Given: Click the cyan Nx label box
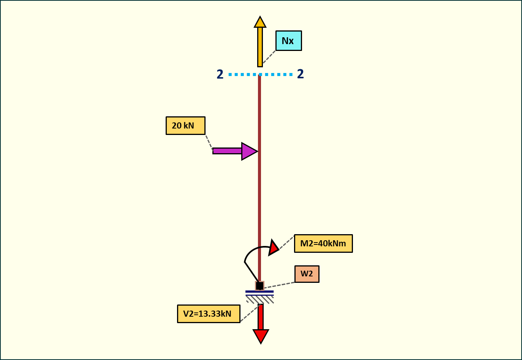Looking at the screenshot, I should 288,41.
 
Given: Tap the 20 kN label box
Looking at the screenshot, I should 185,125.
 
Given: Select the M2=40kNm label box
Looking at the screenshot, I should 323,243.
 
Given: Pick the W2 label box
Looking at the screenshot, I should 307,274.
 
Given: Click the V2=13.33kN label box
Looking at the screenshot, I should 209,314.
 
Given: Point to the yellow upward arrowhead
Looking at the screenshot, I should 260,22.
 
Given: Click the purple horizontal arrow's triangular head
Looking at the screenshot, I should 248,151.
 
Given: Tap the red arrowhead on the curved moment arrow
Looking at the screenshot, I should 273,247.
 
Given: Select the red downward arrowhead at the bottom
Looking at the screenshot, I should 261,335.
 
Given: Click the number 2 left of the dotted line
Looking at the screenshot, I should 220,74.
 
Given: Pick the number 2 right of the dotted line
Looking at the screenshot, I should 301,74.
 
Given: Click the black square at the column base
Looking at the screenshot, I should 259,286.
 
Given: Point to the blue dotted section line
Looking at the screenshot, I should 243,75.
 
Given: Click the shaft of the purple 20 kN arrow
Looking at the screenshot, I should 227,151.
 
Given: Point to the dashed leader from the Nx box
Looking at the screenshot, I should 269,57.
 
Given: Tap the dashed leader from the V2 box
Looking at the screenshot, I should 249,314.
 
